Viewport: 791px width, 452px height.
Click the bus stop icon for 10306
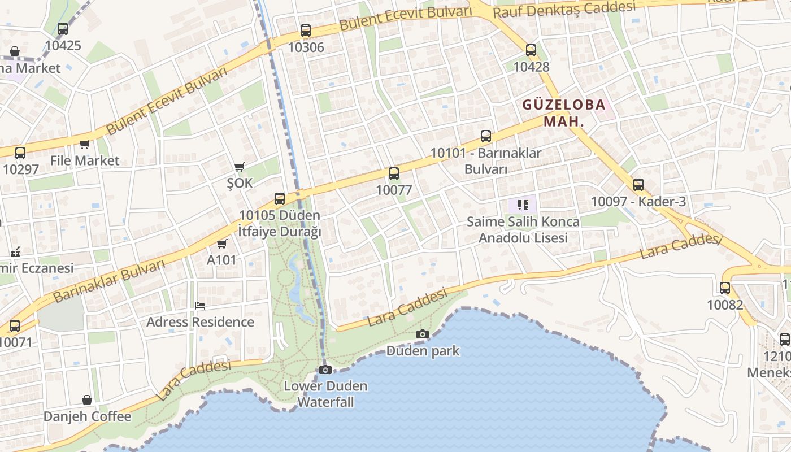coord(306,31)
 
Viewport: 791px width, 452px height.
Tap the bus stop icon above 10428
coord(531,50)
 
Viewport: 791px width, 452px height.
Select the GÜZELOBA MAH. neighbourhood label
coord(563,112)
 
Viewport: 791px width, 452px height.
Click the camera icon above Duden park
coord(423,334)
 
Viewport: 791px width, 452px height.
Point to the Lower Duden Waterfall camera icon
coord(325,370)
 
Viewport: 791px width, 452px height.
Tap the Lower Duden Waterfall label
coord(326,394)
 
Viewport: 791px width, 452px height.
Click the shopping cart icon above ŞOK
coord(240,167)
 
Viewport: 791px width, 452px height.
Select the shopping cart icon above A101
coord(222,244)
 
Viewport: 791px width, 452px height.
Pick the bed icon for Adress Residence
coord(200,306)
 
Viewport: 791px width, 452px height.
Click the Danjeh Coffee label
coord(88,416)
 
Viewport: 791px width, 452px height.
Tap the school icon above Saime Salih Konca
coord(523,205)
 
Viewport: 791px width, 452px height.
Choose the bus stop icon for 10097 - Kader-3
coord(638,185)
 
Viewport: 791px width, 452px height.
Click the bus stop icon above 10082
coord(725,288)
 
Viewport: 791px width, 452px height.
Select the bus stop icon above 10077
coord(394,173)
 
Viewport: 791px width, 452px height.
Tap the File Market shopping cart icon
coord(85,145)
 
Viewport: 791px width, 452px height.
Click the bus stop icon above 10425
coord(63,29)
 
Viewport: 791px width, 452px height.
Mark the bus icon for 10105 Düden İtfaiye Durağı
coord(280,199)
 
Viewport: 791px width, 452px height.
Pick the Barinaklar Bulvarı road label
coord(109,280)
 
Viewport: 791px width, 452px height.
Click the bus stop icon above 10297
coord(20,153)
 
